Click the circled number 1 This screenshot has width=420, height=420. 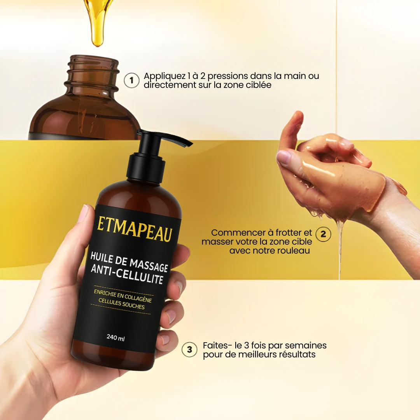(x=131, y=80)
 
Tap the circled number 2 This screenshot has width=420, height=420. (x=323, y=234)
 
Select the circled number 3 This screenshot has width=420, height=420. (x=190, y=350)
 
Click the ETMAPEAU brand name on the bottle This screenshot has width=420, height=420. (x=135, y=229)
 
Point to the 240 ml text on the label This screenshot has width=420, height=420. (x=116, y=338)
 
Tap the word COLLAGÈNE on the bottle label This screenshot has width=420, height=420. (x=138, y=298)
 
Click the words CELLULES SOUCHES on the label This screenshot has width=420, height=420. (x=122, y=304)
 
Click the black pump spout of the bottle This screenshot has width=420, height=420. (x=171, y=138)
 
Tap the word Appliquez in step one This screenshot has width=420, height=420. (x=164, y=76)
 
